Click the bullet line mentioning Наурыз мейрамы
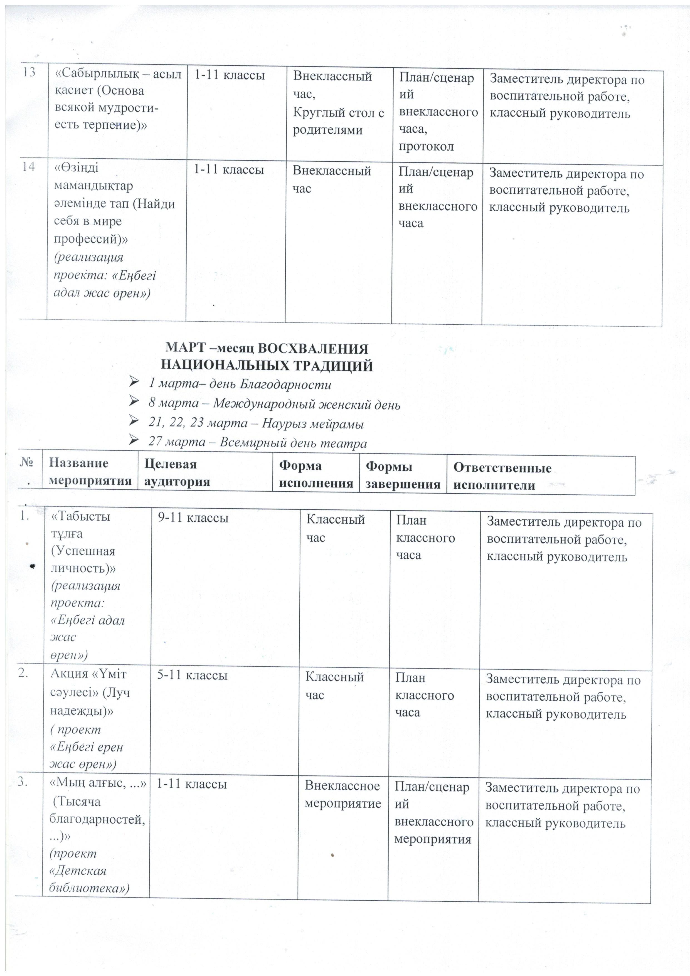(x=256, y=423)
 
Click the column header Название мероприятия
(x=90, y=472)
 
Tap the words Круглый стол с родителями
(x=338, y=121)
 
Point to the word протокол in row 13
(x=426, y=146)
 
